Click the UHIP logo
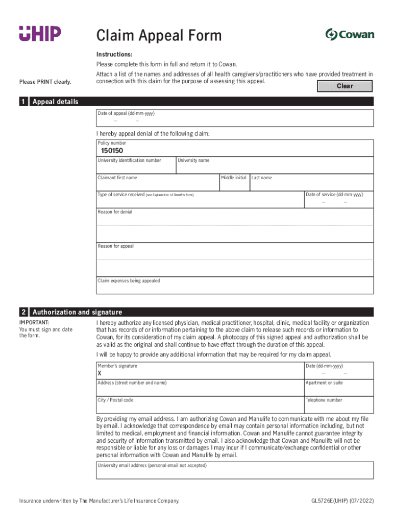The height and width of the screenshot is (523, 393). point(40,34)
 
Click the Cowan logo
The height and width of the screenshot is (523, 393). point(350,34)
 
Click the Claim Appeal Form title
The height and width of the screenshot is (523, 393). point(159,35)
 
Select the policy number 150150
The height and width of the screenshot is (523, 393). point(112,151)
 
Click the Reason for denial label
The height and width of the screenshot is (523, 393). point(115,212)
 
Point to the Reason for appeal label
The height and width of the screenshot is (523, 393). point(116,246)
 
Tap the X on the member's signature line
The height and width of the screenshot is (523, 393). point(100,373)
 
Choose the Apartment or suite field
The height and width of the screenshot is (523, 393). point(338,389)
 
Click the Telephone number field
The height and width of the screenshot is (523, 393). point(338,407)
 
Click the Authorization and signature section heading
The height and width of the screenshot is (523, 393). point(77,312)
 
